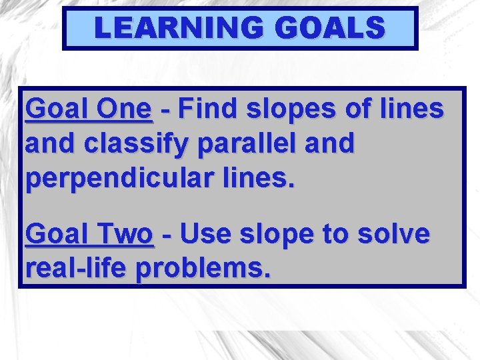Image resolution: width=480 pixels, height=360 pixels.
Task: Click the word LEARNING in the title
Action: [173, 29]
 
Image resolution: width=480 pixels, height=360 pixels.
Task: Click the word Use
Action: [204, 235]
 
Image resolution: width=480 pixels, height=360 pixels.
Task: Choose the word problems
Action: [203, 269]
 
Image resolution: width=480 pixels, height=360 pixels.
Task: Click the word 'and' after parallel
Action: [330, 145]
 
